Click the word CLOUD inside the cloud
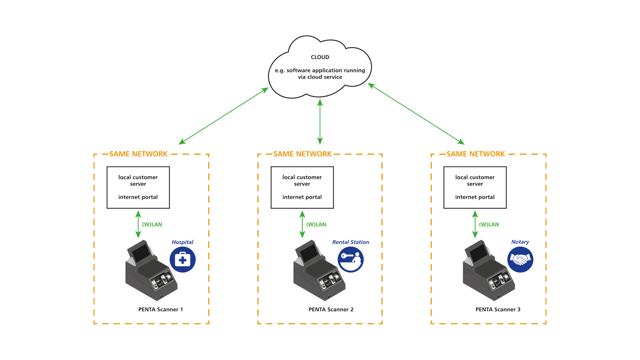320,57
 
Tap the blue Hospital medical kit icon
183,260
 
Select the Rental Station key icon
351,260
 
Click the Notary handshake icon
520,260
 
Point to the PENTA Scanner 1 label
161,310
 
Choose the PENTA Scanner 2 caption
331,310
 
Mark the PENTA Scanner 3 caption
498,310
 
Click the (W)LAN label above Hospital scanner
152,225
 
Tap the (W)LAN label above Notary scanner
489,225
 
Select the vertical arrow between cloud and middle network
320,122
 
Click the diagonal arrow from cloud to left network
223,116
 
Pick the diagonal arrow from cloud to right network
416,114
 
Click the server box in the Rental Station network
302,188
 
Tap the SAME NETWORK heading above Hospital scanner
138,154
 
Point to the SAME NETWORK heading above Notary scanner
476,154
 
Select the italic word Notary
520,242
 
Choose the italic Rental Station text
351,242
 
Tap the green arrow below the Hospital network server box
138,224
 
